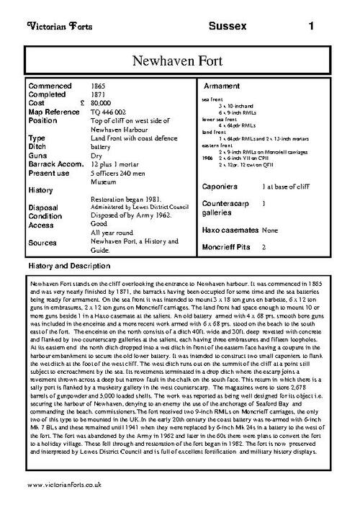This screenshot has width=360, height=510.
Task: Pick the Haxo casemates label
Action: coord(230,231)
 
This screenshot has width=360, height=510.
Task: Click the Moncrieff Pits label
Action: coord(229,246)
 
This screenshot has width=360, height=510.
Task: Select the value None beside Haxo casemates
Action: coord(270,231)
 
